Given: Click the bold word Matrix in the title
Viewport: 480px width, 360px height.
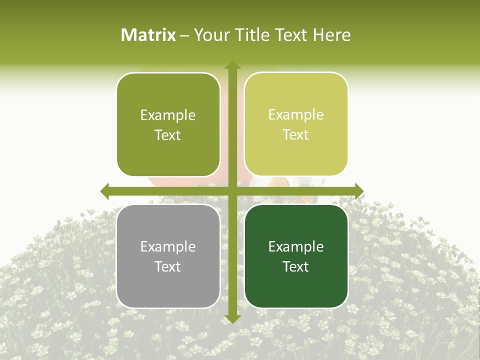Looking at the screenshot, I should (148, 35).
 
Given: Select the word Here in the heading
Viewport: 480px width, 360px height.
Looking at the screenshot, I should (332, 35).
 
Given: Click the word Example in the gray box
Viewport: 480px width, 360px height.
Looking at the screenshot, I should (168, 246).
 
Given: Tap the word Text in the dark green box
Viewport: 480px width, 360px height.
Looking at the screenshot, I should (296, 266).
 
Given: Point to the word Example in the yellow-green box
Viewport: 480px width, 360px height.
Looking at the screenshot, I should (296, 114).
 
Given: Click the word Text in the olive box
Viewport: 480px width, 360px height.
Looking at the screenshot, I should (168, 135).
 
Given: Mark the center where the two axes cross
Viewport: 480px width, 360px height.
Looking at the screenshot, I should (232, 191).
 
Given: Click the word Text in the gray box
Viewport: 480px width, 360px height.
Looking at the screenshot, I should (168, 266).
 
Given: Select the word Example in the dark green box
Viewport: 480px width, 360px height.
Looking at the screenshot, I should (296, 246).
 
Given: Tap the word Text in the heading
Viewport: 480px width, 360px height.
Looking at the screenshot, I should (290, 35).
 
